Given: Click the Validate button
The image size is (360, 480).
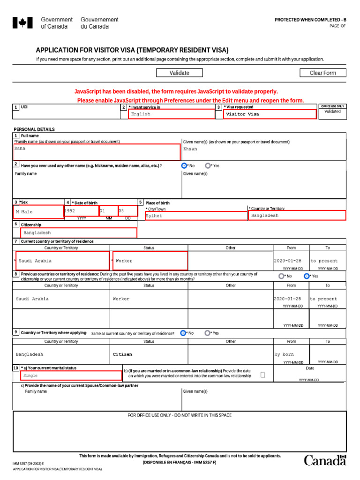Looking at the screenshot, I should [180, 73].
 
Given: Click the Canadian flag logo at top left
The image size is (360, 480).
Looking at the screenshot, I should [22, 22].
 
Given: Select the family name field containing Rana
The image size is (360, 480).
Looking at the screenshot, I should [97, 152].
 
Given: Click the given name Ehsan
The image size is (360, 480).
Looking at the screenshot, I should [190, 149].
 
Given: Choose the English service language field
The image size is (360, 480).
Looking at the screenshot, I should [171, 114].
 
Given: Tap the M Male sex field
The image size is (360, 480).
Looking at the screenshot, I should [38, 212].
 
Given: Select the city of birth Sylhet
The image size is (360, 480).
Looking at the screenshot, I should [196, 216].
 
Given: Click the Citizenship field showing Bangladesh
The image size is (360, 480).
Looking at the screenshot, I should [78, 232].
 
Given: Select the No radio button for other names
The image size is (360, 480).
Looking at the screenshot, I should [184, 165].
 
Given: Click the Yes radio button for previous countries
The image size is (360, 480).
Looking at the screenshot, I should [307, 276].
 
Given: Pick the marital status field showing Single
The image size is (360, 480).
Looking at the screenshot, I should [71, 375].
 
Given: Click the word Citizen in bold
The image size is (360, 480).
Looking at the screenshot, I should [123, 354].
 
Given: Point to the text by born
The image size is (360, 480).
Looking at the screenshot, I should [284, 354].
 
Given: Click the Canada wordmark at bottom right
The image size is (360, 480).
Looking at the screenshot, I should [325, 460].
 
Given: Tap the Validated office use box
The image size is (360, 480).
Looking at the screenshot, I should [332, 114].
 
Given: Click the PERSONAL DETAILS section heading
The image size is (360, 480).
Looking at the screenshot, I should [34, 129].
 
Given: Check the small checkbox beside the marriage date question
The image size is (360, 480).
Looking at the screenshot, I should [262, 375].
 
